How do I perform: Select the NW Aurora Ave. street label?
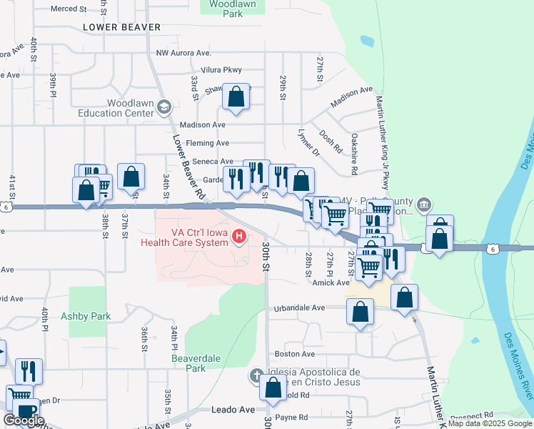pos(183,54)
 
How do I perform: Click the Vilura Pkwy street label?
pos(221,70)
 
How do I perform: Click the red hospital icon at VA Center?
pos(241,236)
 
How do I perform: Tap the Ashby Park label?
pos(86,315)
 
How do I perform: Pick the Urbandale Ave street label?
pos(300,308)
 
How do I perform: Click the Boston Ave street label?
pos(295,354)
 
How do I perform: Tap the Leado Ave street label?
pos(233,410)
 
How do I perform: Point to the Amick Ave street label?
pos(329,283)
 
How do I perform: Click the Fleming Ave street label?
pos(207,143)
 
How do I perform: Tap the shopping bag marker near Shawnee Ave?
pos(236,97)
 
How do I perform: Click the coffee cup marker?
pos(26,414)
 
